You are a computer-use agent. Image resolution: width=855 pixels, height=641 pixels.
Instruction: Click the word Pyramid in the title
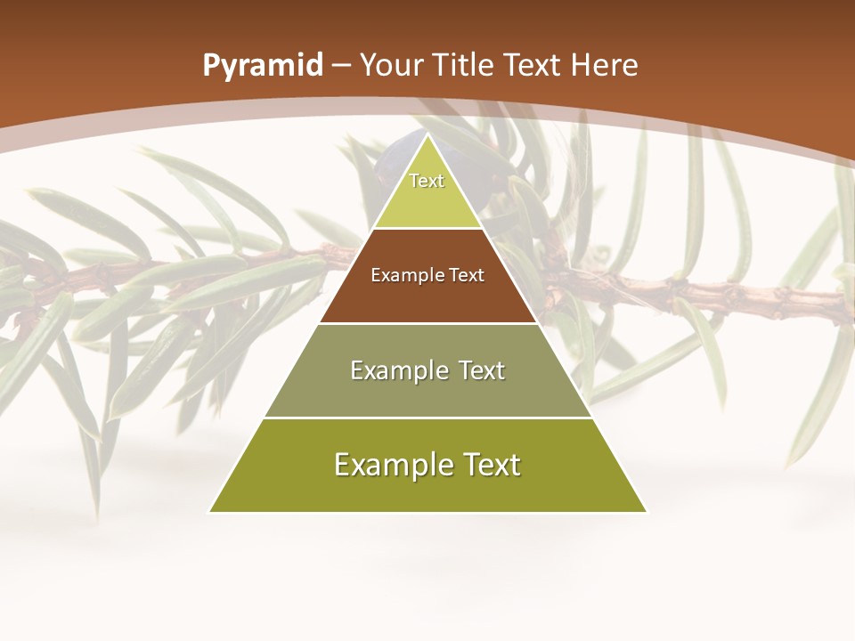tap(262, 66)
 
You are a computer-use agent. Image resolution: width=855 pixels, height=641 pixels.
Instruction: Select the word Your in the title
tap(392, 65)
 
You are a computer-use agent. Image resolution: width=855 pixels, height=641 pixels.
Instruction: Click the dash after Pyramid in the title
tap(341, 67)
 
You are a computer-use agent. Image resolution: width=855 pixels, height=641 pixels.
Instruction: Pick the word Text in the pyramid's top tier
tap(427, 181)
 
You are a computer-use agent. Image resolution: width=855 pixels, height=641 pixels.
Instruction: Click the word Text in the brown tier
tap(466, 275)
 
